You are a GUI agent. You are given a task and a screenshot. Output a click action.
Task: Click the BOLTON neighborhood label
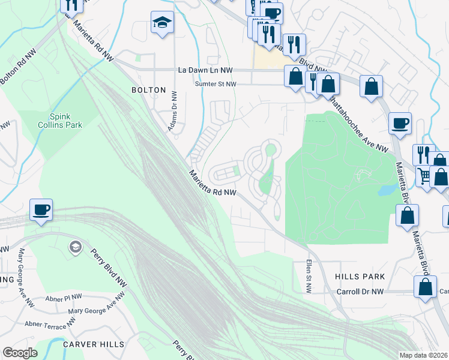(x=148, y=90)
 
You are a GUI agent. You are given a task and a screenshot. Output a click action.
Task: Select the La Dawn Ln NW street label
(x=205, y=70)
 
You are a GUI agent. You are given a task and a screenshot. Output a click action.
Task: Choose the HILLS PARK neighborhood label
(x=360, y=277)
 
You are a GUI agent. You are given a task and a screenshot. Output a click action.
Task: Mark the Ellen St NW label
(x=309, y=277)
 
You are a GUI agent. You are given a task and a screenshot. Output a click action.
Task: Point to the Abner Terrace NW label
(x=50, y=323)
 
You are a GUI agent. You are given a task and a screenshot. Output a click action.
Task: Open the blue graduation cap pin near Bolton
(x=162, y=23)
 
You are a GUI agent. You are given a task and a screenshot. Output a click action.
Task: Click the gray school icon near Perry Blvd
(x=75, y=247)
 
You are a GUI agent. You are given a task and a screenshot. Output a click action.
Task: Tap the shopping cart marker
(x=424, y=175)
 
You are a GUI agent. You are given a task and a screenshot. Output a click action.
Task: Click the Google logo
(x=20, y=353)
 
